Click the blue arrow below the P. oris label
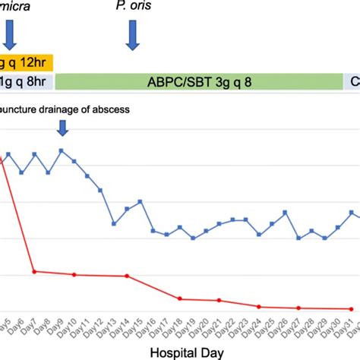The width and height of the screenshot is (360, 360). tap(133, 36)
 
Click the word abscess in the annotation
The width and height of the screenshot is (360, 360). tap(111, 109)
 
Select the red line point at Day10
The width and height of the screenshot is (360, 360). tap(74, 274)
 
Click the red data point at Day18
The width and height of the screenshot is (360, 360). tap(178, 298)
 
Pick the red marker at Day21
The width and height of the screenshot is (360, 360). tap(219, 300)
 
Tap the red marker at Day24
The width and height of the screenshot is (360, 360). tap(259, 306)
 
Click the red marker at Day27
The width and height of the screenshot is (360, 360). tap(298, 308)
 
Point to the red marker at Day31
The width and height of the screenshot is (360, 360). tap(352, 308)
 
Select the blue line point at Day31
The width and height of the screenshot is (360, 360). tap(352, 212)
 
